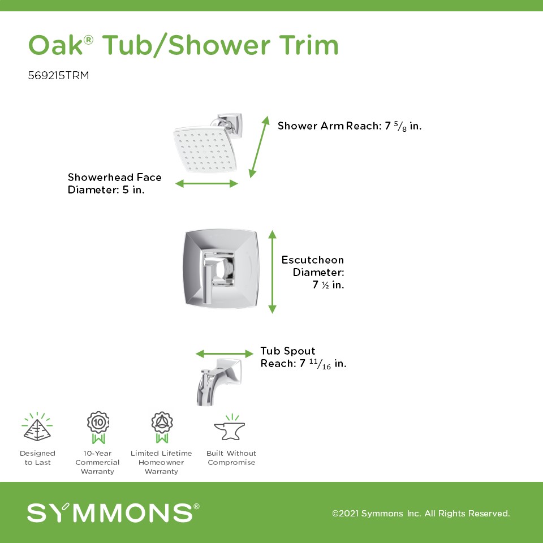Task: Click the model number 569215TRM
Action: coord(58,75)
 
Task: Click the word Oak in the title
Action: coord(56,45)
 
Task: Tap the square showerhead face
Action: coord(205,150)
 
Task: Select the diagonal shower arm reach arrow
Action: coord(259,147)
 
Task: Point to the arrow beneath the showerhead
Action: coord(206,183)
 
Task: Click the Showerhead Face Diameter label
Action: coord(115,183)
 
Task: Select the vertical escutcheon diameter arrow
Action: coord(272,272)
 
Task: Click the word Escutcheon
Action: coord(312,260)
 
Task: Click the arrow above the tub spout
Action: coord(225,354)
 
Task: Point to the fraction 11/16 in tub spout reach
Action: coord(320,364)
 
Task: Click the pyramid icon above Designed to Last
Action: coord(37,427)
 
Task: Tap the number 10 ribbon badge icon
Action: coord(98,428)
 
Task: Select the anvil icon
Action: coord(230,428)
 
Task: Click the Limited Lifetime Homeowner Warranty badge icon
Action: coord(162,428)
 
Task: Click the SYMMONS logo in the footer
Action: coord(113,512)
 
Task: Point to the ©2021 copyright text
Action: coord(421,513)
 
